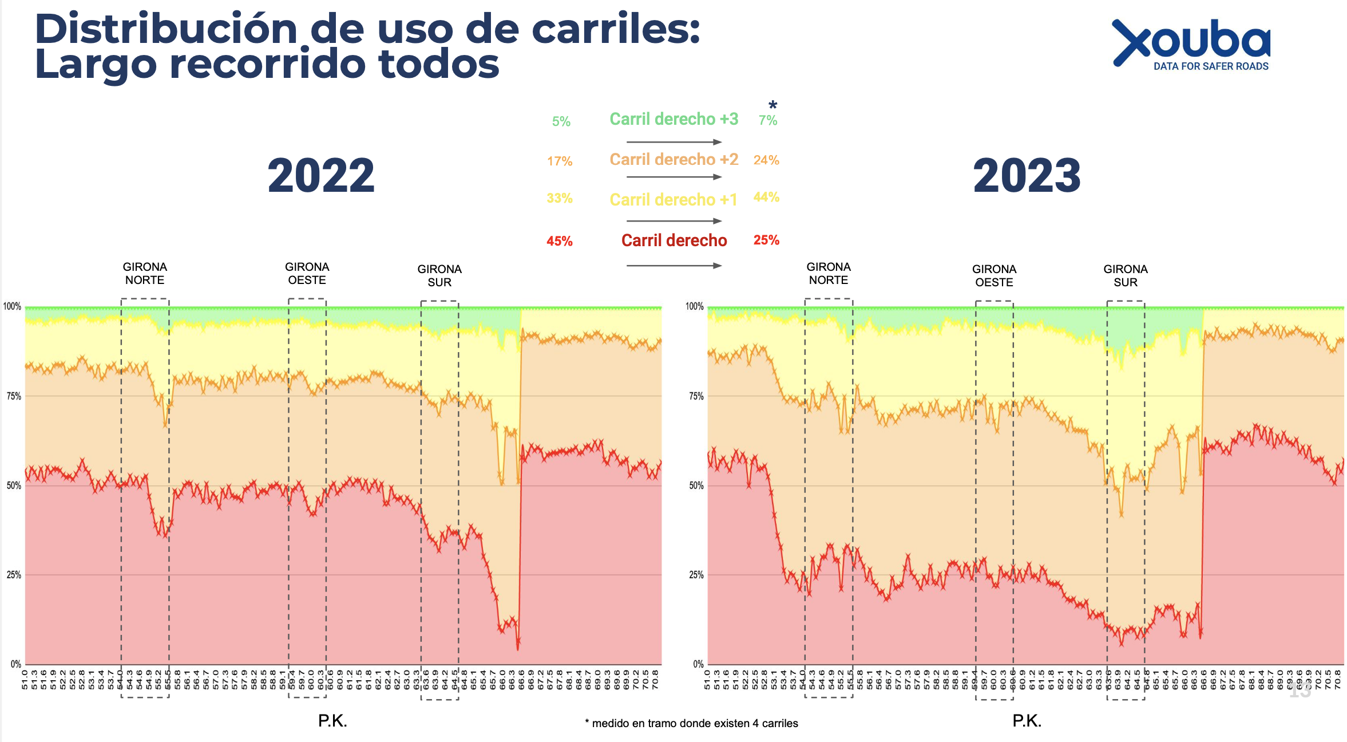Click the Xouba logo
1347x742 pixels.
[1191, 45]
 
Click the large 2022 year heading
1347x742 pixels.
[321, 176]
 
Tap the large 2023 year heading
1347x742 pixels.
[1027, 176]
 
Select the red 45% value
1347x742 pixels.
[559, 241]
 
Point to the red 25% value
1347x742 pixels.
[766, 240]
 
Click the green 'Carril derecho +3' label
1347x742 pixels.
[673, 119]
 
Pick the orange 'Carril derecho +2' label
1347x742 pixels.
[673, 159]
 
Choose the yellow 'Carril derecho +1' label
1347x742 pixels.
[673, 200]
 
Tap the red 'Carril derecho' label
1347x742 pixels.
[674, 240]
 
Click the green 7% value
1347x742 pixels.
[767, 120]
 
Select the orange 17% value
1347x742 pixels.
[559, 161]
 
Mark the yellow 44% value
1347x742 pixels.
[766, 197]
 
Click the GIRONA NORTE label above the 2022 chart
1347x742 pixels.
[145, 274]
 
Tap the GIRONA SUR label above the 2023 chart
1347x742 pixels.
[1125, 275]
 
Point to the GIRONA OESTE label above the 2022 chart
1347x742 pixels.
[307, 274]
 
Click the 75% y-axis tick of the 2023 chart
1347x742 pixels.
[696, 396]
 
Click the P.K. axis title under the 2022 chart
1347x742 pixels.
[332, 721]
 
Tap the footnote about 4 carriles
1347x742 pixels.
[691, 724]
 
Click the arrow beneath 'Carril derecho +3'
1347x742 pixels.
[673, 141]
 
